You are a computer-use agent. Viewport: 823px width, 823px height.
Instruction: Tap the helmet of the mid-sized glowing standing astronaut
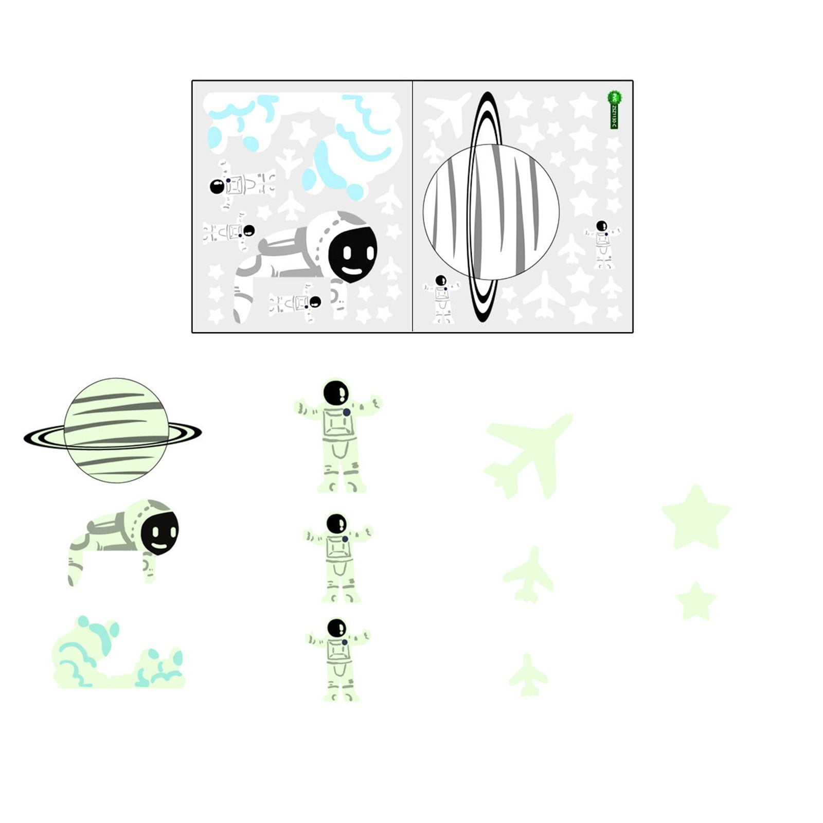(336, 524)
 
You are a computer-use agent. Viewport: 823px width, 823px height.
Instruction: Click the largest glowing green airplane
(530, 453)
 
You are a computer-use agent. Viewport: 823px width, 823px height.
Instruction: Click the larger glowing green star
(695, 517)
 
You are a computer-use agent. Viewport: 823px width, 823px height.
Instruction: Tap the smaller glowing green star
(695, 600)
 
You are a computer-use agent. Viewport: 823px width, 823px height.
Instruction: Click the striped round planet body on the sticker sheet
(491, 211)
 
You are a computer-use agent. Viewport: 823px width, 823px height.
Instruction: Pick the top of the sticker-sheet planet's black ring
(485, 95)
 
